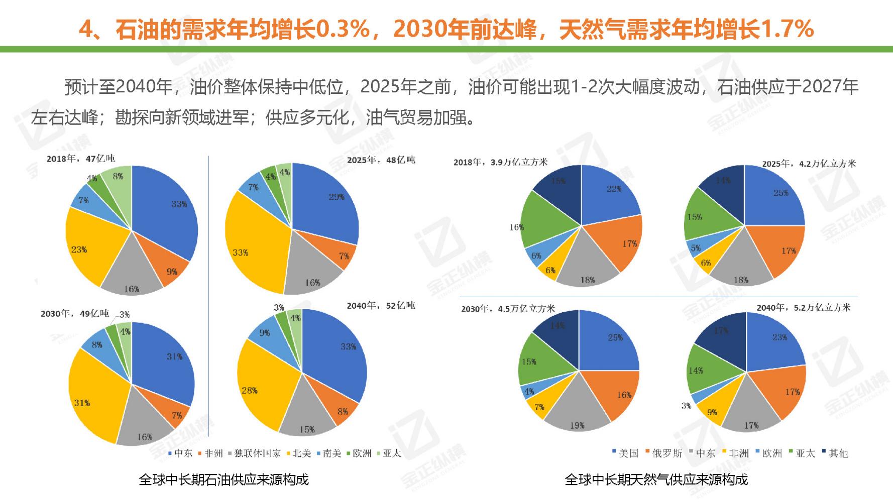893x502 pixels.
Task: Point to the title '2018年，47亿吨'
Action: (80, 159)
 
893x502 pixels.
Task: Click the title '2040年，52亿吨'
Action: (381, 306)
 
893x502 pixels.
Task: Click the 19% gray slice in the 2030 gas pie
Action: (578, 409)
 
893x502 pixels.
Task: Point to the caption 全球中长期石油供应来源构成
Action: (224, 480)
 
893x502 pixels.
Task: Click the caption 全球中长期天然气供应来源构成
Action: (656, 480)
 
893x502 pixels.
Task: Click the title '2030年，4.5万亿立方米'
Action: (508, 309)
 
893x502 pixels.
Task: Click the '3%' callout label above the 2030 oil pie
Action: (124, 315)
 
